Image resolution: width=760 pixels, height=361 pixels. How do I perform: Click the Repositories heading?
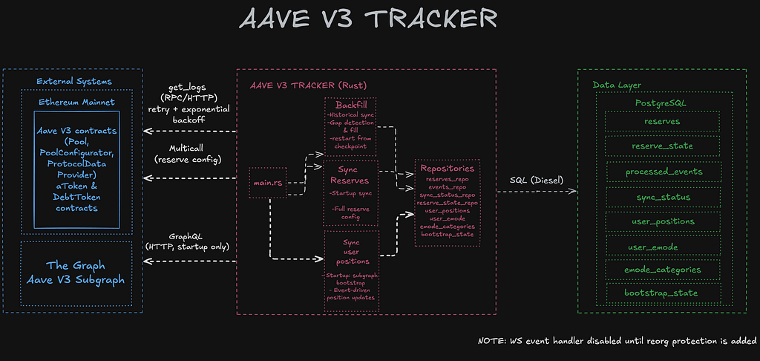447,169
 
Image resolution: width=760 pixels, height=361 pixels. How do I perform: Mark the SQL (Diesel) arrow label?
535,180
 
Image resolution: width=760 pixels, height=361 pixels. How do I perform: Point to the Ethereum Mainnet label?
76,101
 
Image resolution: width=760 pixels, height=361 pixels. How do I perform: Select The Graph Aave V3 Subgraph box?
76,273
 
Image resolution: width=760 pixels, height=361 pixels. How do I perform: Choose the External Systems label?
74,81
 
